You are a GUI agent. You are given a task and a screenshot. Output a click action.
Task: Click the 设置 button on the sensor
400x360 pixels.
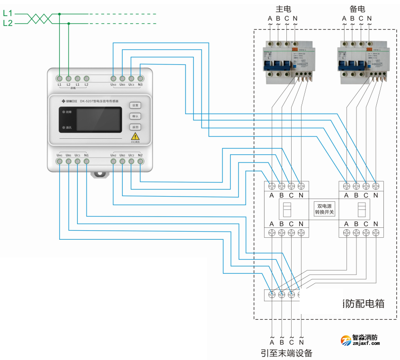(135, 105)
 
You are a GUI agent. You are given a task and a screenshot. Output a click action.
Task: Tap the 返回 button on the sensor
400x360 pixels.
(135, 127)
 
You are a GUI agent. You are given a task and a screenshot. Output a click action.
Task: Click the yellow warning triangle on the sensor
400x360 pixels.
(135, 136)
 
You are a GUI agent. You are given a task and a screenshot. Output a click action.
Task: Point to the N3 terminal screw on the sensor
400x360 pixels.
(140, 78)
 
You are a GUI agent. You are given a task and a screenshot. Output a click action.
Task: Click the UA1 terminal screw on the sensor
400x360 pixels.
(60, 162)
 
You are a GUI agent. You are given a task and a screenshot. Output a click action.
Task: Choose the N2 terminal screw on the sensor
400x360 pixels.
(140, 162)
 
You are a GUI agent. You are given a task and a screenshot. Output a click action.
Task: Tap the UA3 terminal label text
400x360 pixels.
(114, 85)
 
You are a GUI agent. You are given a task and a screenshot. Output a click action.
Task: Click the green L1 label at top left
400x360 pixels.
(8, 14)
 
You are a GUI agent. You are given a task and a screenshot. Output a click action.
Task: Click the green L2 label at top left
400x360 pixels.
(8, 23)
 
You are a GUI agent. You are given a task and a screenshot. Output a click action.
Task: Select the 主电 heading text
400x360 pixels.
(283, 9)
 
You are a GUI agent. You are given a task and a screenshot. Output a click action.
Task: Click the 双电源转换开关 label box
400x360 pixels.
(325, 209)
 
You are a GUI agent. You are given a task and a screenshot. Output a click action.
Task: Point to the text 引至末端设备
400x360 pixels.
(286, 353)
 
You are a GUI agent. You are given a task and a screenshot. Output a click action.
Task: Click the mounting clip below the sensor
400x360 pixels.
(100, 174)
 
